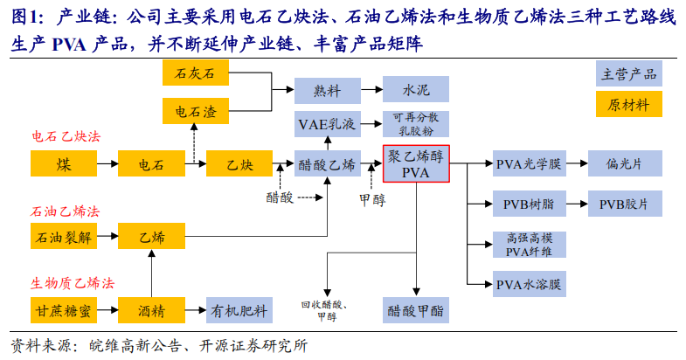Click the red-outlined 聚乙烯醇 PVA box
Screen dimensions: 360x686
click(x=416, y=163)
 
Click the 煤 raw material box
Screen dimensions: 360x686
click(x=63, y=163)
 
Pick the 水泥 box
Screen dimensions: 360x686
click(x=416, y=89)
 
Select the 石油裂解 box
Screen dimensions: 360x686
click(x=63, y=236)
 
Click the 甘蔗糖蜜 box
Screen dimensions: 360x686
click(x=63, y=309)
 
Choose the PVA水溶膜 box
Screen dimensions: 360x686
click(x=530, y=284)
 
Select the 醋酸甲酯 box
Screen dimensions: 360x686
click(x=416, y=309)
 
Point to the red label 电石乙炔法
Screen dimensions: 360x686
click(x=66, y=137)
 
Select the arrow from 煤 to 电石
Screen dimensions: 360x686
click(x=107, y=163)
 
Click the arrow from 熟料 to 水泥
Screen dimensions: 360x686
click(x=371, y=89)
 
